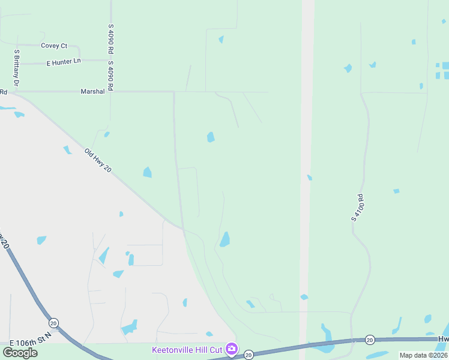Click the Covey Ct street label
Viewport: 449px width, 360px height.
54,46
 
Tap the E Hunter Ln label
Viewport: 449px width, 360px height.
64,62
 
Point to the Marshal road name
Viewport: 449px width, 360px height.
92,92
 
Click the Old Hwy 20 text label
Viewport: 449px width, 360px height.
98,161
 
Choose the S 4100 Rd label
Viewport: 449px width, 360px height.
357,208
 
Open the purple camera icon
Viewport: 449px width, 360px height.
232,349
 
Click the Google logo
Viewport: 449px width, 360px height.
20,352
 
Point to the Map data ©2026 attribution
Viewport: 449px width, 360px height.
423,355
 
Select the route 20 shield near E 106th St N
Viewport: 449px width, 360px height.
53,323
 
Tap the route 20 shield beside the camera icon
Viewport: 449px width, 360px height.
249,355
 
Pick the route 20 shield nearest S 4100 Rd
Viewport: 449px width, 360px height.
370,340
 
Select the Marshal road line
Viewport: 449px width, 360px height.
144,92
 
